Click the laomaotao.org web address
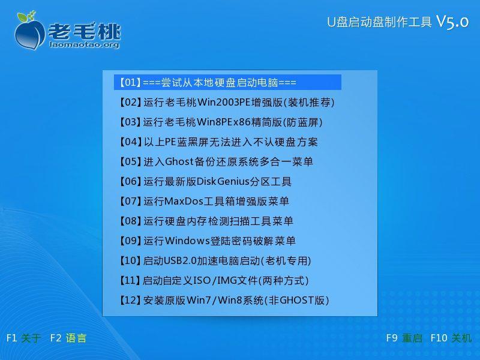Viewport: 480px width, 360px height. [x=84, y=44]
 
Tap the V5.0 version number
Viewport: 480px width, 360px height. [x=452, y=22]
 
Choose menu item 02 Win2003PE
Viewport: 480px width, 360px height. [x=227, y=102]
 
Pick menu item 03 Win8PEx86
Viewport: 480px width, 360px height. [x=220, y=122]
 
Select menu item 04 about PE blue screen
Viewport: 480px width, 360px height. [x=218, y=142]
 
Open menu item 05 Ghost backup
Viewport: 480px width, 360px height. [x=216, y=161]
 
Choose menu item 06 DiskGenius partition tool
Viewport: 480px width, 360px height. [x=205, y=181]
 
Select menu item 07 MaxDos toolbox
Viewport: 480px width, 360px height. [x=204, y=201]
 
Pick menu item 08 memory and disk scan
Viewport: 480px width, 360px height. [x=206, y=221]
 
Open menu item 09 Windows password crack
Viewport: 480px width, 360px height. [x=207, y=241]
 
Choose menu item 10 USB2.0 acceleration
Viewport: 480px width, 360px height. [x=215, y=260]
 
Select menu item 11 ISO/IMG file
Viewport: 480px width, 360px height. [x=214, y=280]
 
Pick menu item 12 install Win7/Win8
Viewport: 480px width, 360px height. [x=224, y=300]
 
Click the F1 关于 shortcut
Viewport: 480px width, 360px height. [x=23, y=338]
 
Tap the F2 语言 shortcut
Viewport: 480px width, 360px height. [x=68, y=338]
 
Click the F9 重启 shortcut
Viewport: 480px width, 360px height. [x=404, y=338]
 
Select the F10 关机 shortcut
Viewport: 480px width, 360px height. [x=451, y=338]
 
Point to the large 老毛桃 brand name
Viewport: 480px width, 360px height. [x=84, y=31]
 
